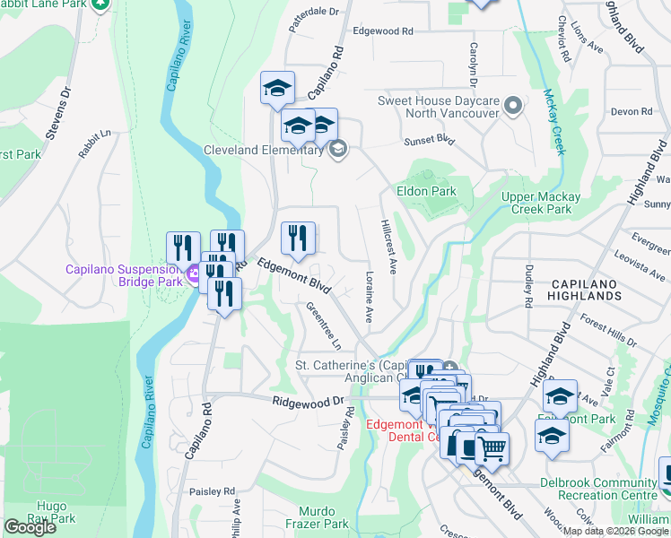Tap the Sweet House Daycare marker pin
click(513, 107)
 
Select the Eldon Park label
click(427, 191)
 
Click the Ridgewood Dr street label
click(309, 403)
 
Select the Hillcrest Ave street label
click(388, 245)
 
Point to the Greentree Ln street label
click(324, 325)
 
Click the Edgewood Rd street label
click(382, 30)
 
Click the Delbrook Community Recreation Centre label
click(597, 489)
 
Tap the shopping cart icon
click(492, 447)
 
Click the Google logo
click(30, 527)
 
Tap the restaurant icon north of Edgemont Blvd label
click(298, 239)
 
